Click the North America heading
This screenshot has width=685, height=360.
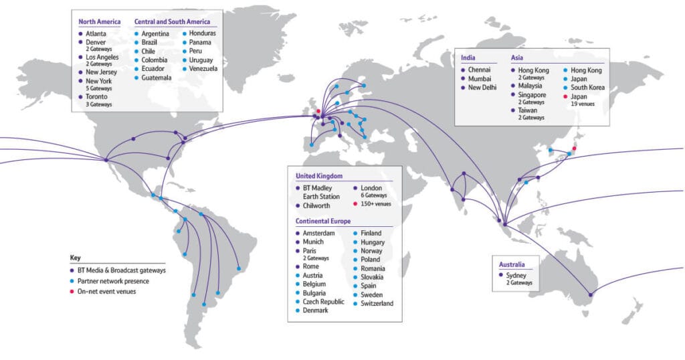pos(99,22)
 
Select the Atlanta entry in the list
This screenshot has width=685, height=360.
pos(96,33)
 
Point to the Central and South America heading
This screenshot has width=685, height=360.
pos(172,22)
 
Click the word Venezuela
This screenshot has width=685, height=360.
pos(203,69)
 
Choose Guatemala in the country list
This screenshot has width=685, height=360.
pos(157,78)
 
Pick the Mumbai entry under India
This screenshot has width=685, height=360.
pos(480,78)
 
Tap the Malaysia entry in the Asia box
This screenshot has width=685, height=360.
pos(532,86)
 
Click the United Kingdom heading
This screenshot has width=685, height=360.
pos(319,176)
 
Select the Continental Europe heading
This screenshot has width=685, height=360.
pos(323,220)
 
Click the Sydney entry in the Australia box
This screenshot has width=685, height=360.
pos(518,274)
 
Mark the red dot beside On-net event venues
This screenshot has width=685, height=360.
pos(72,291)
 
